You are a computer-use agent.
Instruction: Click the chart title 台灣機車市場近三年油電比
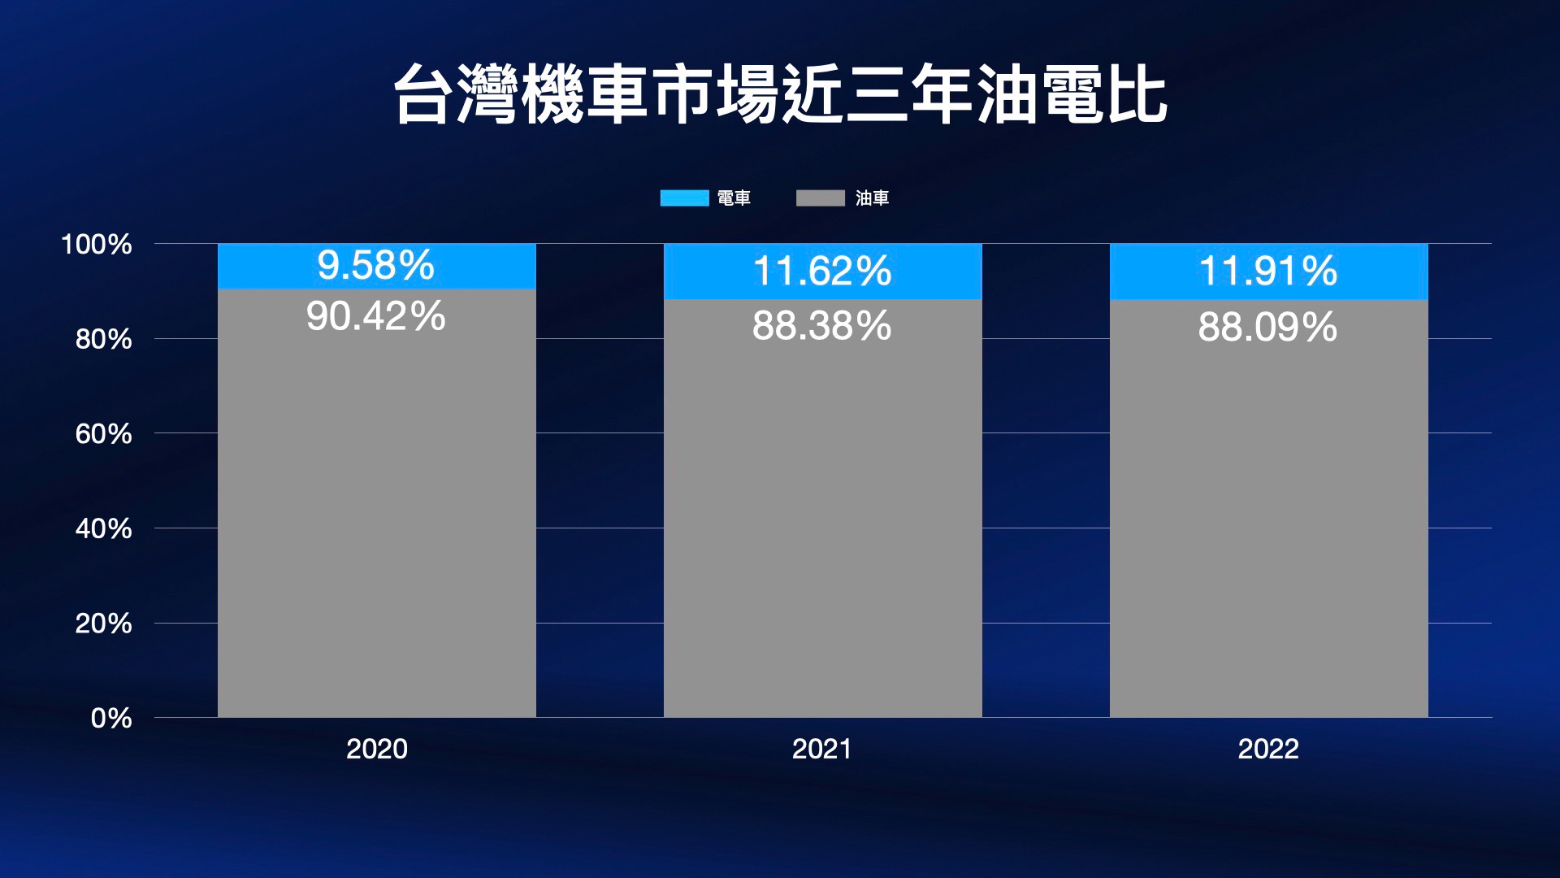tap(780, 96)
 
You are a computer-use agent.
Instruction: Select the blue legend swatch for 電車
tap(684, 198)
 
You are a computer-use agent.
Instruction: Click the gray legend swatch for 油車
tap(820, 198)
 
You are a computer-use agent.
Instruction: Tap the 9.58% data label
tap(375, 266)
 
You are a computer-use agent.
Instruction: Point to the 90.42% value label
tap(375, 316)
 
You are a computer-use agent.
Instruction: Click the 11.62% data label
tap(821, 271)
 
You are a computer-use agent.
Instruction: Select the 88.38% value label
tap(821, 326)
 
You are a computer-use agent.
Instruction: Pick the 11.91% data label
tap(1267, 271)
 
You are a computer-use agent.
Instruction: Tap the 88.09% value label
tap(1267, 327)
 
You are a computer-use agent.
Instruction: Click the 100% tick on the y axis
tap(97, 244)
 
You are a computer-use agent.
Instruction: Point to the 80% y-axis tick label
tap(103, 339)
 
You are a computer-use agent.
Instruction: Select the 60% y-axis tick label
tap(103, 434)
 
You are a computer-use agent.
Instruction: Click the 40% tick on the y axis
tap(103, 529)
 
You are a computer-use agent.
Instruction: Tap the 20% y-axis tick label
tap(103, 624)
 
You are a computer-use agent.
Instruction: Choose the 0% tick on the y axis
tap(111, 718)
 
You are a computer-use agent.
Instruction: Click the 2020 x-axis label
tap(376, 749)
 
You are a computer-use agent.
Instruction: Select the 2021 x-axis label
tap(821, 749)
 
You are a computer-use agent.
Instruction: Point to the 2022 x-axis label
tap(1267, 749)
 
